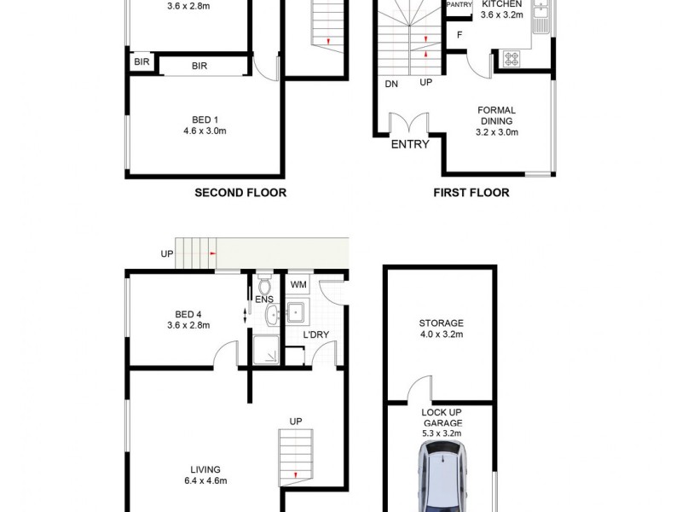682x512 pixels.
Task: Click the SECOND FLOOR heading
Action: coord(240,193)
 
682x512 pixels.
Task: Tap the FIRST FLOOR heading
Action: coord(471,193)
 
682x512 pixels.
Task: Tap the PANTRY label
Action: coord(459,4)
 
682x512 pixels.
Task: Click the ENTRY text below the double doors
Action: coord(410,144)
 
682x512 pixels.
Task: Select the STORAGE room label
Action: coord(441,323)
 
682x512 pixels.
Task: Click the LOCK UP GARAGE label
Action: coord(442,417)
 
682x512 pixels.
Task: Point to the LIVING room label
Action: coord(205,469)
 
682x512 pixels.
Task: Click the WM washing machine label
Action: coord(298,284)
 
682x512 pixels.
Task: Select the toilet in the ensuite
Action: coord(264,282)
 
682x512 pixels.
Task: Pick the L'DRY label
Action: coord(316,335)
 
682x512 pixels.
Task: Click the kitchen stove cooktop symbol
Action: coord(512,59)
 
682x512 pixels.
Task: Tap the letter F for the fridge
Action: coord(459,35)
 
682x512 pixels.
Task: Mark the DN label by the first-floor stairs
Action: coord(392,84)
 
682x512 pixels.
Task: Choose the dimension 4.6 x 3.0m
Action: coord(205,131)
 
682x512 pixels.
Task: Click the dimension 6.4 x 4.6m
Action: coord(205,481)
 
